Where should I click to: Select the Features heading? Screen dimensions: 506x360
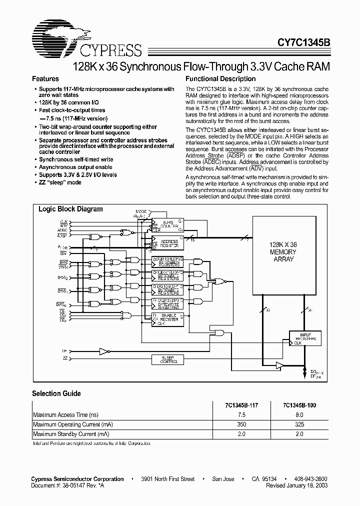pyautogui.click(x=45, y=79)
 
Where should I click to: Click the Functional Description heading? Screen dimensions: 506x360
pyautogui.click(x=220, y=79)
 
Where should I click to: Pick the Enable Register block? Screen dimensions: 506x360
pyautogui.click(x=167, y=318)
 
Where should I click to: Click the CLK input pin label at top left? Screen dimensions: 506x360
pyautogui.click(x=63, y=221)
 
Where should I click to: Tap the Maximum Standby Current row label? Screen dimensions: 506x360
pyautogui.click(x=71, y=434)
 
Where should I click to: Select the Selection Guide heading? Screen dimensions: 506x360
pyautogui.click(x=56, y=394)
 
